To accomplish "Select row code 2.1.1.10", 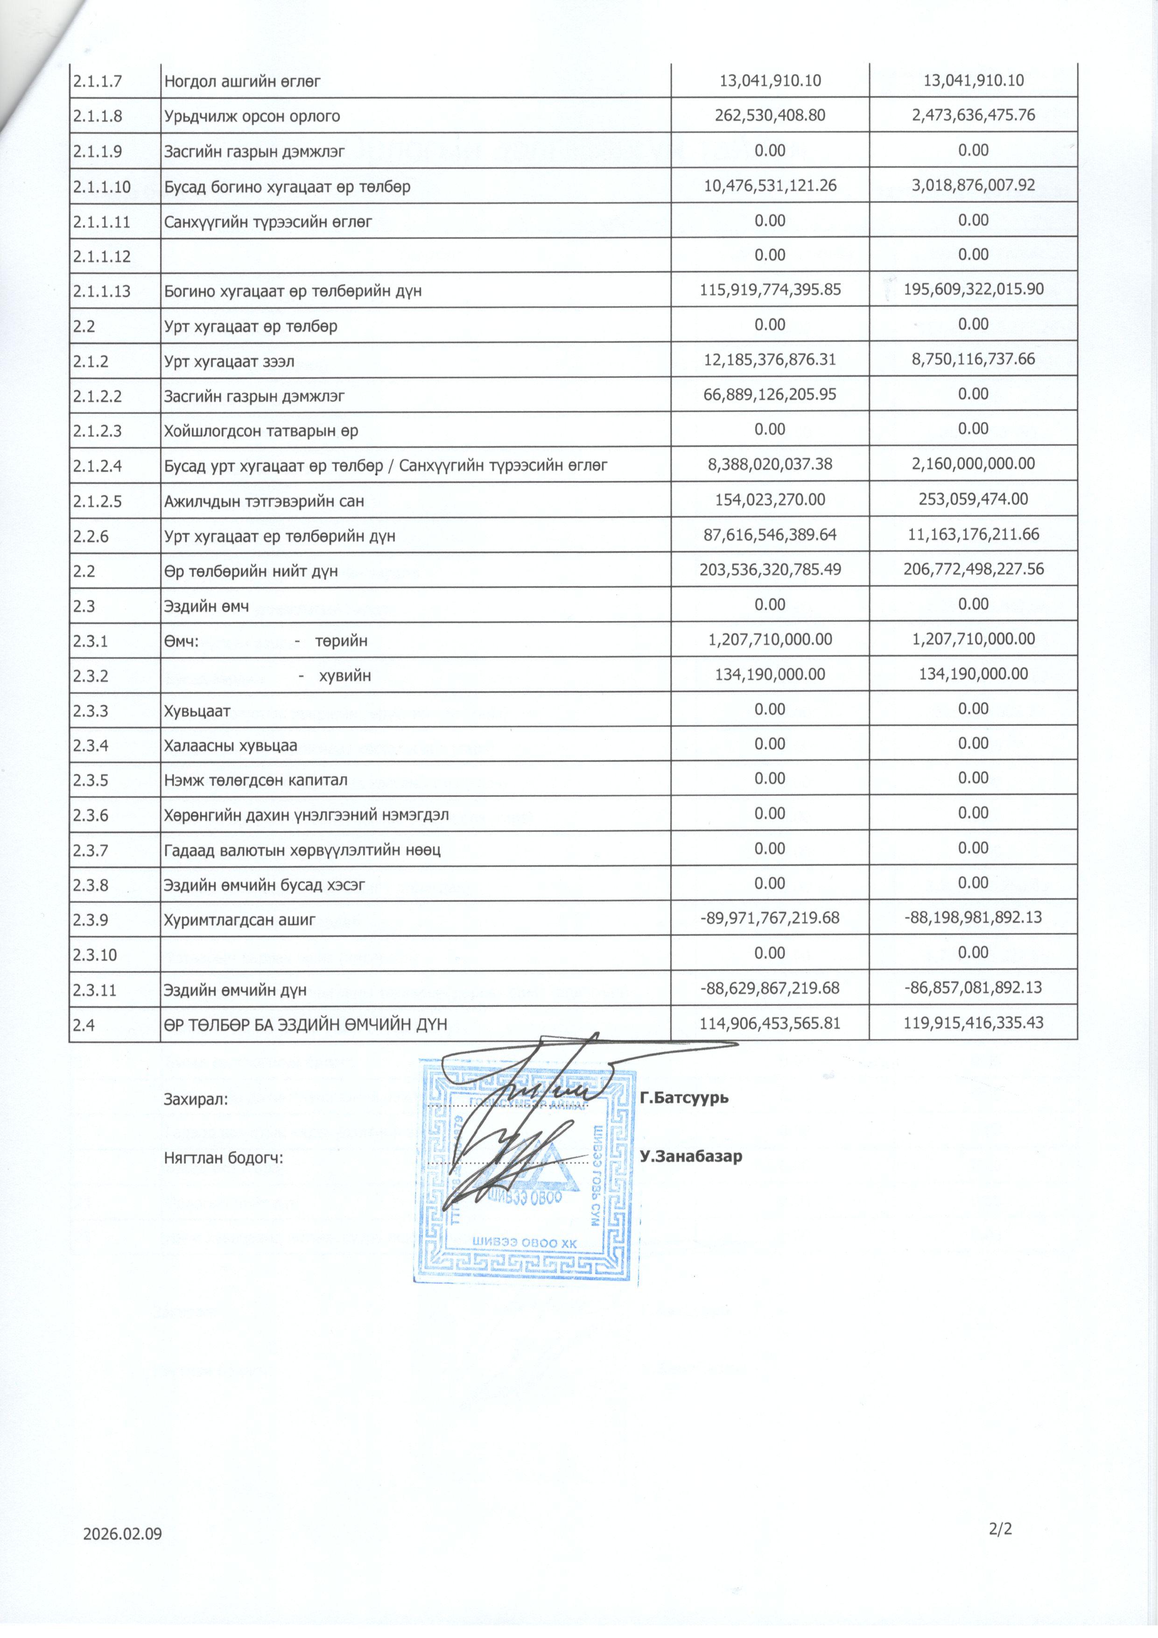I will pos(101,187).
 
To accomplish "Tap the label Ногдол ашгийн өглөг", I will pos(242,81).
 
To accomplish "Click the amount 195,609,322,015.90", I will pos(973,290).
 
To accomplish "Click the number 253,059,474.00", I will pos(973,499).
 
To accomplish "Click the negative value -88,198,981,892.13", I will pos(973,917).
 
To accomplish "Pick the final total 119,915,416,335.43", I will pos(973,1022).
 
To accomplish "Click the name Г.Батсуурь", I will pos(684,1097).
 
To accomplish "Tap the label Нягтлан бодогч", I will pos(223,1158).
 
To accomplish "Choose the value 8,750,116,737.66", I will pos(973,359).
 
